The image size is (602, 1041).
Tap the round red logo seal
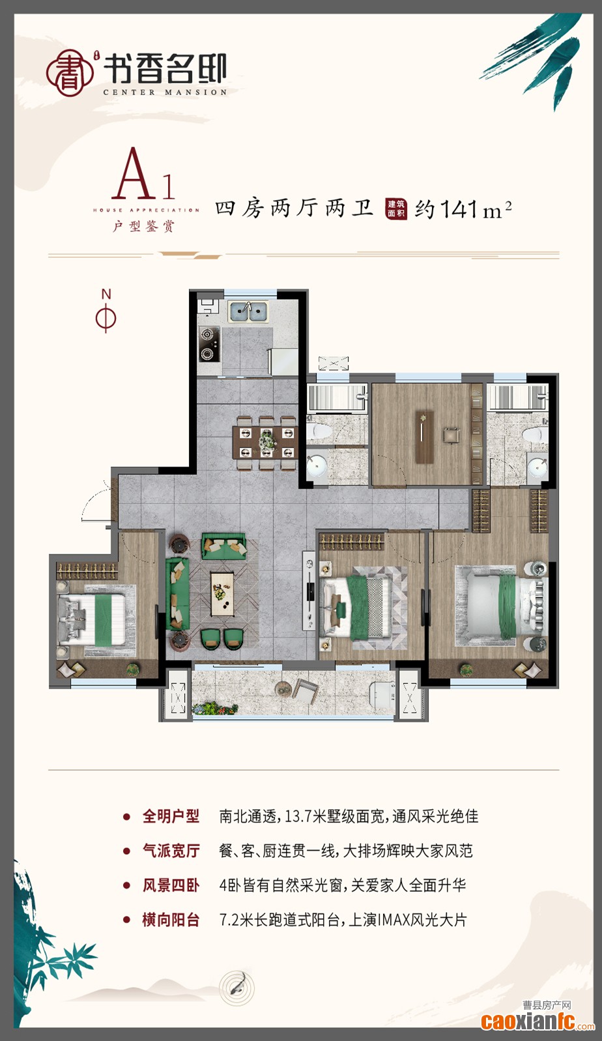69,74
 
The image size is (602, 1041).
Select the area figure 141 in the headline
460,209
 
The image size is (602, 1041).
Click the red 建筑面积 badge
396,208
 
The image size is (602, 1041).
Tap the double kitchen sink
248,311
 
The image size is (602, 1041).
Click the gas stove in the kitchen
208,344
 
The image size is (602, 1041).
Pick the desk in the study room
425,436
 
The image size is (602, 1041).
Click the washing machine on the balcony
382,692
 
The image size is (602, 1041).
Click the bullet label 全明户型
171,816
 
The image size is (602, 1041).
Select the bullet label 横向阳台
171,920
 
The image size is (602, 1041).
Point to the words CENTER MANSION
165,93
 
